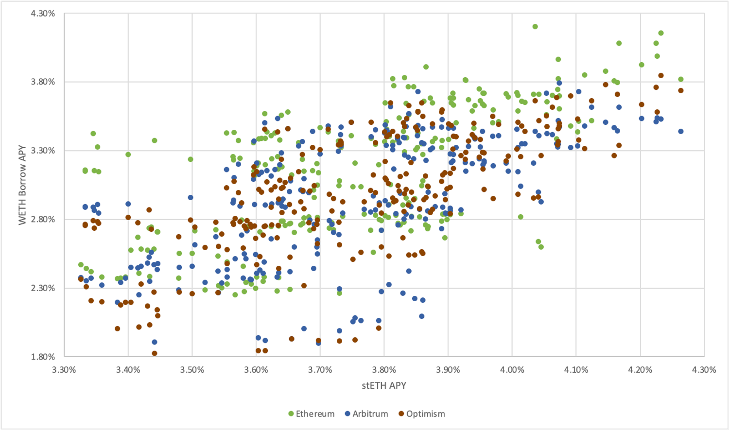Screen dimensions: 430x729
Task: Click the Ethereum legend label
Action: (315, 414)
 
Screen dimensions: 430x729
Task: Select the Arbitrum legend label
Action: (370, 414)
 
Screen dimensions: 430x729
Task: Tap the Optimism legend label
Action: (425, 414)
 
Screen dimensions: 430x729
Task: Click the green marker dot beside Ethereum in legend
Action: (291, 414)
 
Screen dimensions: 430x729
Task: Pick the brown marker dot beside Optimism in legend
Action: (401, 414)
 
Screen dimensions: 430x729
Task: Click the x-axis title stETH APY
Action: (384, 385)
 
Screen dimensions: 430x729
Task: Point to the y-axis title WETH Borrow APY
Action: (22, 185)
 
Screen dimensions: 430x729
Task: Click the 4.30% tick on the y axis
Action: (43, 14)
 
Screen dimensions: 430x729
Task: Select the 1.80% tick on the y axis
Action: (43, 357)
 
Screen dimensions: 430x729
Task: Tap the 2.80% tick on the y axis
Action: (43, 220)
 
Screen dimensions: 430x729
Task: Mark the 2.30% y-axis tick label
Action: (43, 288)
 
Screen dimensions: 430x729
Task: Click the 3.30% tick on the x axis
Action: (64, 370)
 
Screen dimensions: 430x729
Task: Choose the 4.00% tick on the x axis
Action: (512, 370)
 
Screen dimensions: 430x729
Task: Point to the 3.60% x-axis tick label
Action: (256, 370)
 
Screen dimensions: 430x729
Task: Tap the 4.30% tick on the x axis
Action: (704, 370)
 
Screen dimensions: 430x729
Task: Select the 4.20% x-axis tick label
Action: (640, 370)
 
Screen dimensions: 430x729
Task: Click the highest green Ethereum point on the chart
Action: (535, 27)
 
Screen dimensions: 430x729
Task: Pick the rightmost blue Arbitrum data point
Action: (681, 131)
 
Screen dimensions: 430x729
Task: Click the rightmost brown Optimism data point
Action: (681, 90)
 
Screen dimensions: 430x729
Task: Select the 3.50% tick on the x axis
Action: (192, 370)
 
